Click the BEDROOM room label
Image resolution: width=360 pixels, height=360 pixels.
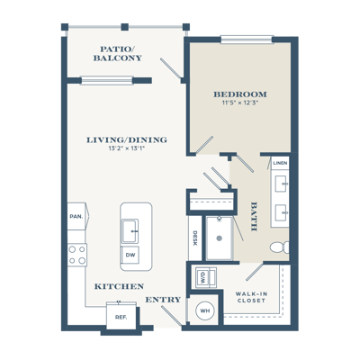coord(240,94)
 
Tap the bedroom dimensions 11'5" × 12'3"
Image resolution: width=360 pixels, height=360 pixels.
coord(240,103)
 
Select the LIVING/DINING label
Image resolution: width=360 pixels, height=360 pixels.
coord(127,139)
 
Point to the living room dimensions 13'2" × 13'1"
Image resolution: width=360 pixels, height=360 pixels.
coord(127,148)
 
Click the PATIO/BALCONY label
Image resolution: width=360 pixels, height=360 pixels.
coord(117,53)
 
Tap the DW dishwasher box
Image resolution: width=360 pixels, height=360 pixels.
coord(130,255)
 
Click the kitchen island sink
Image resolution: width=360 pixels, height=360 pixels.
coord(130,231)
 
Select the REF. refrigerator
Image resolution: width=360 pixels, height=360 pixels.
coord(121,317)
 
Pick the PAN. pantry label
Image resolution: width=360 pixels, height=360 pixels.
coord(76,216)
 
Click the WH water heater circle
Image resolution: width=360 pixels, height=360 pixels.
coord(205,310)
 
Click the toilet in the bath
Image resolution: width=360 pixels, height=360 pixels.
coord(280,247)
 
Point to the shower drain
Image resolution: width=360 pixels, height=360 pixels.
coord(220,238)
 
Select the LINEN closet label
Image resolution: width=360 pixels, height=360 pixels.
coord(281,163)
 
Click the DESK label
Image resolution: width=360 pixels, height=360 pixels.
coord(194,238)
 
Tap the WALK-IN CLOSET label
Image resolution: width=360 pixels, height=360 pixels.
coord(251,297)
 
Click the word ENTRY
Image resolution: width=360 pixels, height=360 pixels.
coord(164,300)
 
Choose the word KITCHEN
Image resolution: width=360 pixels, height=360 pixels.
coord(119,286)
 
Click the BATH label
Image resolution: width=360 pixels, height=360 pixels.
coord(254,216)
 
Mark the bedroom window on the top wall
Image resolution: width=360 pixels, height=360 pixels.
coord(247,40)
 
